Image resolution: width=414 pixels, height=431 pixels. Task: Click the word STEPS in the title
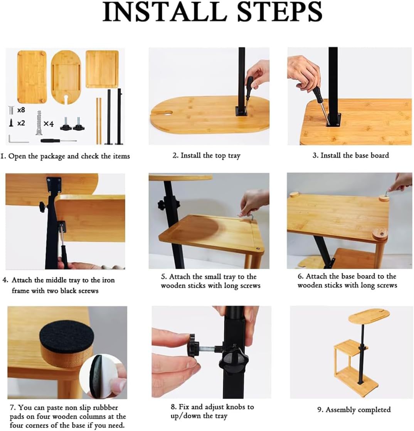(279, 12)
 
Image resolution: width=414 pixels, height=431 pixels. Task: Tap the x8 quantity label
(21, 110)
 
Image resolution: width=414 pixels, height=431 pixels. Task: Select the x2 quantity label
(21, 123)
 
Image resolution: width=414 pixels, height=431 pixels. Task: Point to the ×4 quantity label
(49, 124)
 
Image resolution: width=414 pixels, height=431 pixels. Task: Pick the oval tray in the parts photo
(66, 77)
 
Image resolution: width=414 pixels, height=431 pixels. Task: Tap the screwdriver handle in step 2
(249, 87)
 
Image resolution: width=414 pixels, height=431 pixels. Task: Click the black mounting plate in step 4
(54, 184)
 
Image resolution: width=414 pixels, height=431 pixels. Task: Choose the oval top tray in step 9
(369, 316)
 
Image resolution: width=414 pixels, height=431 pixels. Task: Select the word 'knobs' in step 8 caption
(237, 407)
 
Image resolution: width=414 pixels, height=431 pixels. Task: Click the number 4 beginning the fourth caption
(5, 280)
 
